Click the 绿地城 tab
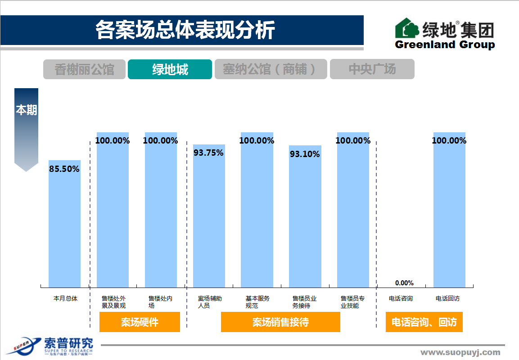(x=170, y=69)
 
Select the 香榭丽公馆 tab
(x=84, y=69)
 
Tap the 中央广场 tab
(x=372, y=69)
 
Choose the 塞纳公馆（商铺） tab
(x=271, y=69)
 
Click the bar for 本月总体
(x=64, y=225)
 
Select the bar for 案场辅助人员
(x=209, y=220)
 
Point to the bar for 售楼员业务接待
(x=305, y=220)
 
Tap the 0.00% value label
(x=404, y=283)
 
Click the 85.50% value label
(x=64, y=169)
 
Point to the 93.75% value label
(x=208, y=153)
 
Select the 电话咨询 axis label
(x=401, y=298)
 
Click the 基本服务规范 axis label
(x=257, y=302)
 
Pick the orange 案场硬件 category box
(x=140, y=322)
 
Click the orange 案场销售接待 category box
(x=280, y=322)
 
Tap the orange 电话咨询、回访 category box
(x=424, y=322)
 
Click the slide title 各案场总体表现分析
(x=185, y=30)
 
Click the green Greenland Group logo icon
(x=407, y=28)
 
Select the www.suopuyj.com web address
(x=460, y=352)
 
